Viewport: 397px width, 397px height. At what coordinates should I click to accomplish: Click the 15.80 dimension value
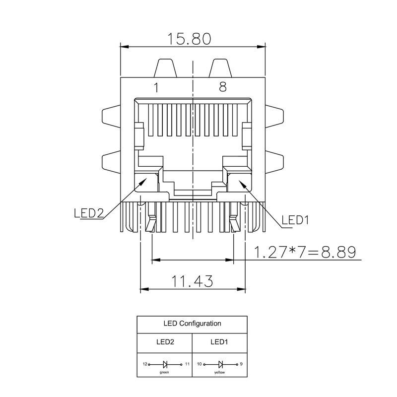point(192,39)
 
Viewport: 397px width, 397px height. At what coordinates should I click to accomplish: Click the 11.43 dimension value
point(193,281)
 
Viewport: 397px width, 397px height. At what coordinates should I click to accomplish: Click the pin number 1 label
point(156,88)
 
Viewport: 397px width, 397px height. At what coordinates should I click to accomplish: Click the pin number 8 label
point(223,87)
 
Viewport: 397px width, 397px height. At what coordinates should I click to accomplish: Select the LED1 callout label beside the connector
point(295,220)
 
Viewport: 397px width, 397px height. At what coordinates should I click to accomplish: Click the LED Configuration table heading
point(192,324)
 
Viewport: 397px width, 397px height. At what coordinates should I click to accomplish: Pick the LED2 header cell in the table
point(165,341)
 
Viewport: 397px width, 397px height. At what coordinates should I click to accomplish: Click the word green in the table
point(164,371)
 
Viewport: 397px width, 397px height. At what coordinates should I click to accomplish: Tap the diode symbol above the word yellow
point(220,364)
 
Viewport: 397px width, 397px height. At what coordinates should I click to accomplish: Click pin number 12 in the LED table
point(145,364)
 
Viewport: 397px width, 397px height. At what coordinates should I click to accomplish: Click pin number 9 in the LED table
point(241,364)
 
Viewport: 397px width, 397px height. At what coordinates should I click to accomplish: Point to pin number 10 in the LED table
point(199,364)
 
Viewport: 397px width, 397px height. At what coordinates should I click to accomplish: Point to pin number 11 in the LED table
point(187,364)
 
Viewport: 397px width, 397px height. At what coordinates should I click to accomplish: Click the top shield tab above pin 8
point(220,68)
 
